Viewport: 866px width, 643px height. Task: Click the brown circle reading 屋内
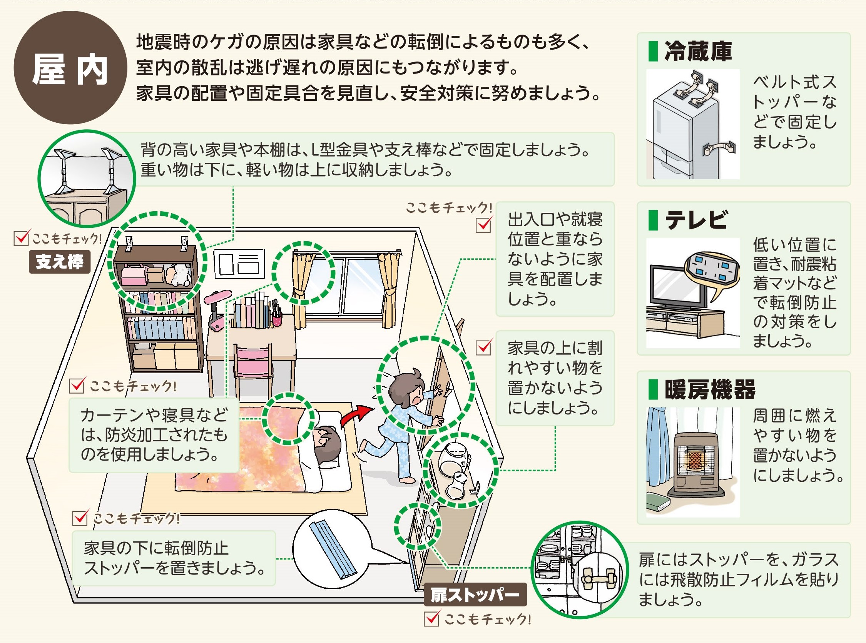coord(70,68)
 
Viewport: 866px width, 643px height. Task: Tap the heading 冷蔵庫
coord(698,51)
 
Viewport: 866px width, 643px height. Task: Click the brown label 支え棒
coord(60,262)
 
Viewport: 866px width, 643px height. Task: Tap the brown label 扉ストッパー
coord(475,595)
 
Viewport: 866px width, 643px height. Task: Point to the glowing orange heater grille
coord(694,459)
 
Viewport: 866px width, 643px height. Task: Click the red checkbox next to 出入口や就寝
coord(483,225)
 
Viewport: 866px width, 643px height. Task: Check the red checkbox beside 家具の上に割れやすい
coord(483,347)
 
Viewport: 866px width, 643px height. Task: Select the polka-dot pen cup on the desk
coord(276,320)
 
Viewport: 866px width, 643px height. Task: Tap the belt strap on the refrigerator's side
coord(719,148)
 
